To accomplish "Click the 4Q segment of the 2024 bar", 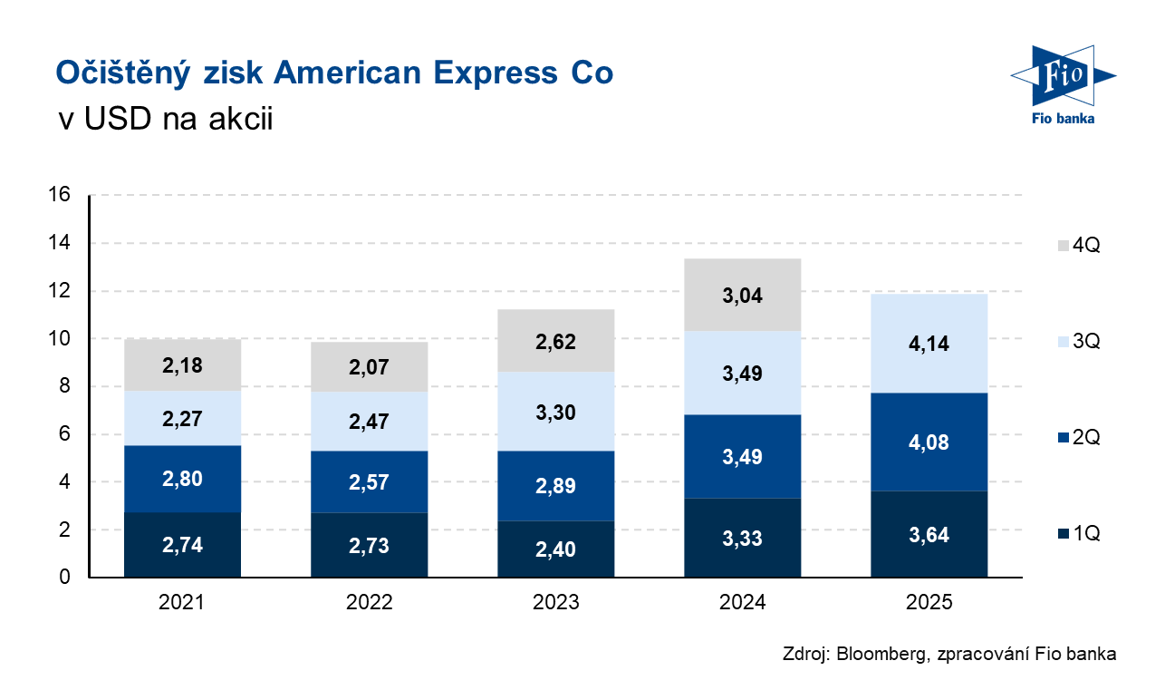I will tap(742, 295).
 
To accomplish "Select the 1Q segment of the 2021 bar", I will tap(182, 545).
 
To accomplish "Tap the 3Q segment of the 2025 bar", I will tap(929, 344).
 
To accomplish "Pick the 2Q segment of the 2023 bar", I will tap(555, 485).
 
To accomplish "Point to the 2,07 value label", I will tap(369, 367).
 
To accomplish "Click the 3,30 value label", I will tap(555, 413).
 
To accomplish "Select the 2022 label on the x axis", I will tap(369, 602).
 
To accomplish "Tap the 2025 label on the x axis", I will tap(929, 602).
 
